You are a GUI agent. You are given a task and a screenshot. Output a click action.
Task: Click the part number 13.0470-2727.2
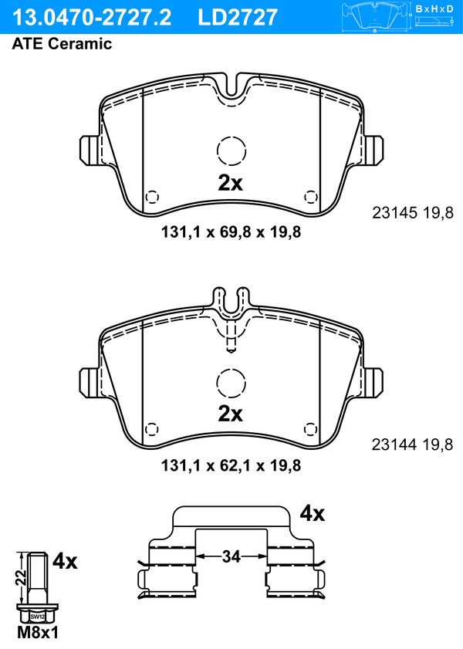91,17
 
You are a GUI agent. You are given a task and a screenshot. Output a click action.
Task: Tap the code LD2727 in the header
238,17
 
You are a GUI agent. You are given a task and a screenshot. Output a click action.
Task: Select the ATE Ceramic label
62,43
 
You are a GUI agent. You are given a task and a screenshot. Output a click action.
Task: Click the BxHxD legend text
434,8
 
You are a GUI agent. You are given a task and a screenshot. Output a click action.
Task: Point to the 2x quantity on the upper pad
231,183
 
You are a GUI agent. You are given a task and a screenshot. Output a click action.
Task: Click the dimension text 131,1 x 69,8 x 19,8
231,232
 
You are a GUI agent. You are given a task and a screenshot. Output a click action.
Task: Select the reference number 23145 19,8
413,213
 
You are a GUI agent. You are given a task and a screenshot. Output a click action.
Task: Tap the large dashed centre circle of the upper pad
231,150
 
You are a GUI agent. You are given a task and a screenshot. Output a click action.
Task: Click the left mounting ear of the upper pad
90,150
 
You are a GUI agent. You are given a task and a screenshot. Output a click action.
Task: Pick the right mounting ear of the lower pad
373,383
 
